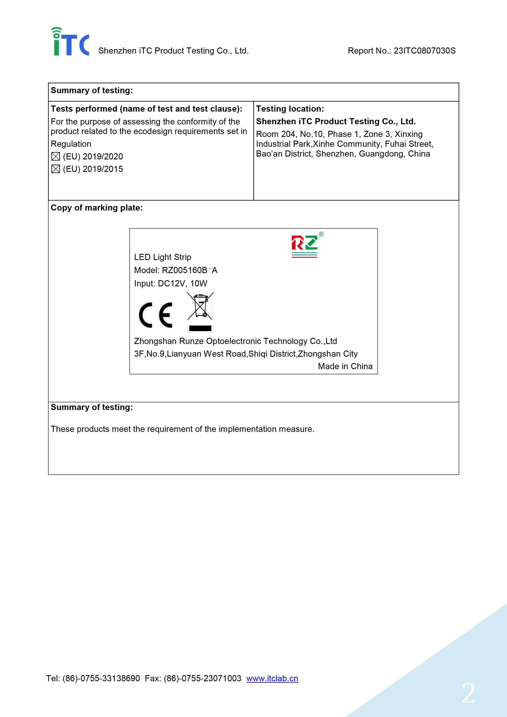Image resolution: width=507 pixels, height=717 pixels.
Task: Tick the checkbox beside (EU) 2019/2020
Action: [x=56, y=156]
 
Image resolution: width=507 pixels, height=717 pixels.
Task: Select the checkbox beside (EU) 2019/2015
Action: [x=56, y=169]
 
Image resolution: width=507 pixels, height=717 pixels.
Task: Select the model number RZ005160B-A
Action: [x=189, y=270]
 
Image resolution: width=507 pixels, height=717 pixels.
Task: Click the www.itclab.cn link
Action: [x=272, y=678]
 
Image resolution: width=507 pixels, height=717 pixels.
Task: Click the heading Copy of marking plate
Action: [x=97, y=208]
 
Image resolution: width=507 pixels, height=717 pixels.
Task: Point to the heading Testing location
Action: [x=290, y=109]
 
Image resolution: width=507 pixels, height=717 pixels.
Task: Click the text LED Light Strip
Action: [x=162, y=257]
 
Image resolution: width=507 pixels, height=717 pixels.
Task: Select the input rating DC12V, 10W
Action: [x=182, y=283]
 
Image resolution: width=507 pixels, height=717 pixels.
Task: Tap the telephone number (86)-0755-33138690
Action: [x=101, y=678]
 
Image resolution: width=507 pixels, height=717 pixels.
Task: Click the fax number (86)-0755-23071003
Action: [x=202, y=678]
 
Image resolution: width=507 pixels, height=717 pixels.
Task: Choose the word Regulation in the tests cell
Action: [x=71, y=144]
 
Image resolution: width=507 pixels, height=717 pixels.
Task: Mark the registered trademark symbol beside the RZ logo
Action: [x=321, y=234]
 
